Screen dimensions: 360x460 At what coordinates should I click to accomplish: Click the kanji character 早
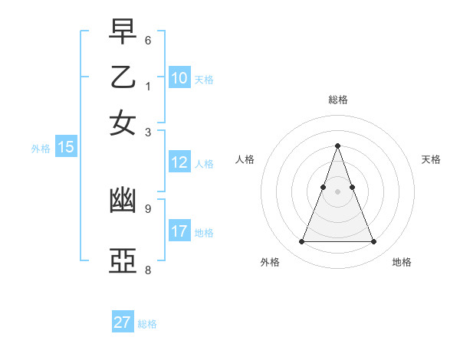(123, 33)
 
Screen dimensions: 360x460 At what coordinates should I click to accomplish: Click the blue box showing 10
(179, 77)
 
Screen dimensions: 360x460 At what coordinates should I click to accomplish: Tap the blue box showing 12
(179, 162)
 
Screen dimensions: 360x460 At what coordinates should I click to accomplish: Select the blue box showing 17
(179, 231)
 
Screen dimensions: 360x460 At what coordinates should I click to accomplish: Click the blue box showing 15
(66, 147)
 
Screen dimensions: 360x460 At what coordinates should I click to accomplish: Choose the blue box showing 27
(123, 322)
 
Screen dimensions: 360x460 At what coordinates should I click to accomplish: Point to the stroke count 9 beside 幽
(148, 208)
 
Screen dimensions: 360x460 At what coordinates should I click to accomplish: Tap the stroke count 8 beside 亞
(148, 270)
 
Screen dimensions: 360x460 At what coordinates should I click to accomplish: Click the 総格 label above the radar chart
(338, 100)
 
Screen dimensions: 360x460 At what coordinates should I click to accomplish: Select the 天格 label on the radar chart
(432, 159)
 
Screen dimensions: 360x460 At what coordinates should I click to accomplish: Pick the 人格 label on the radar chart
(245, 159)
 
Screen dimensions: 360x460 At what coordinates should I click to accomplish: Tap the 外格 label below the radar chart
(270, 263)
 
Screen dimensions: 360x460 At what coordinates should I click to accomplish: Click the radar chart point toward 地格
(374, 242)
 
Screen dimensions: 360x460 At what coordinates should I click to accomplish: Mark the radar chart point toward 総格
(338, 146)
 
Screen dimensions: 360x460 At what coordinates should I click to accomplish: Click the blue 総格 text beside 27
(147, 324)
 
